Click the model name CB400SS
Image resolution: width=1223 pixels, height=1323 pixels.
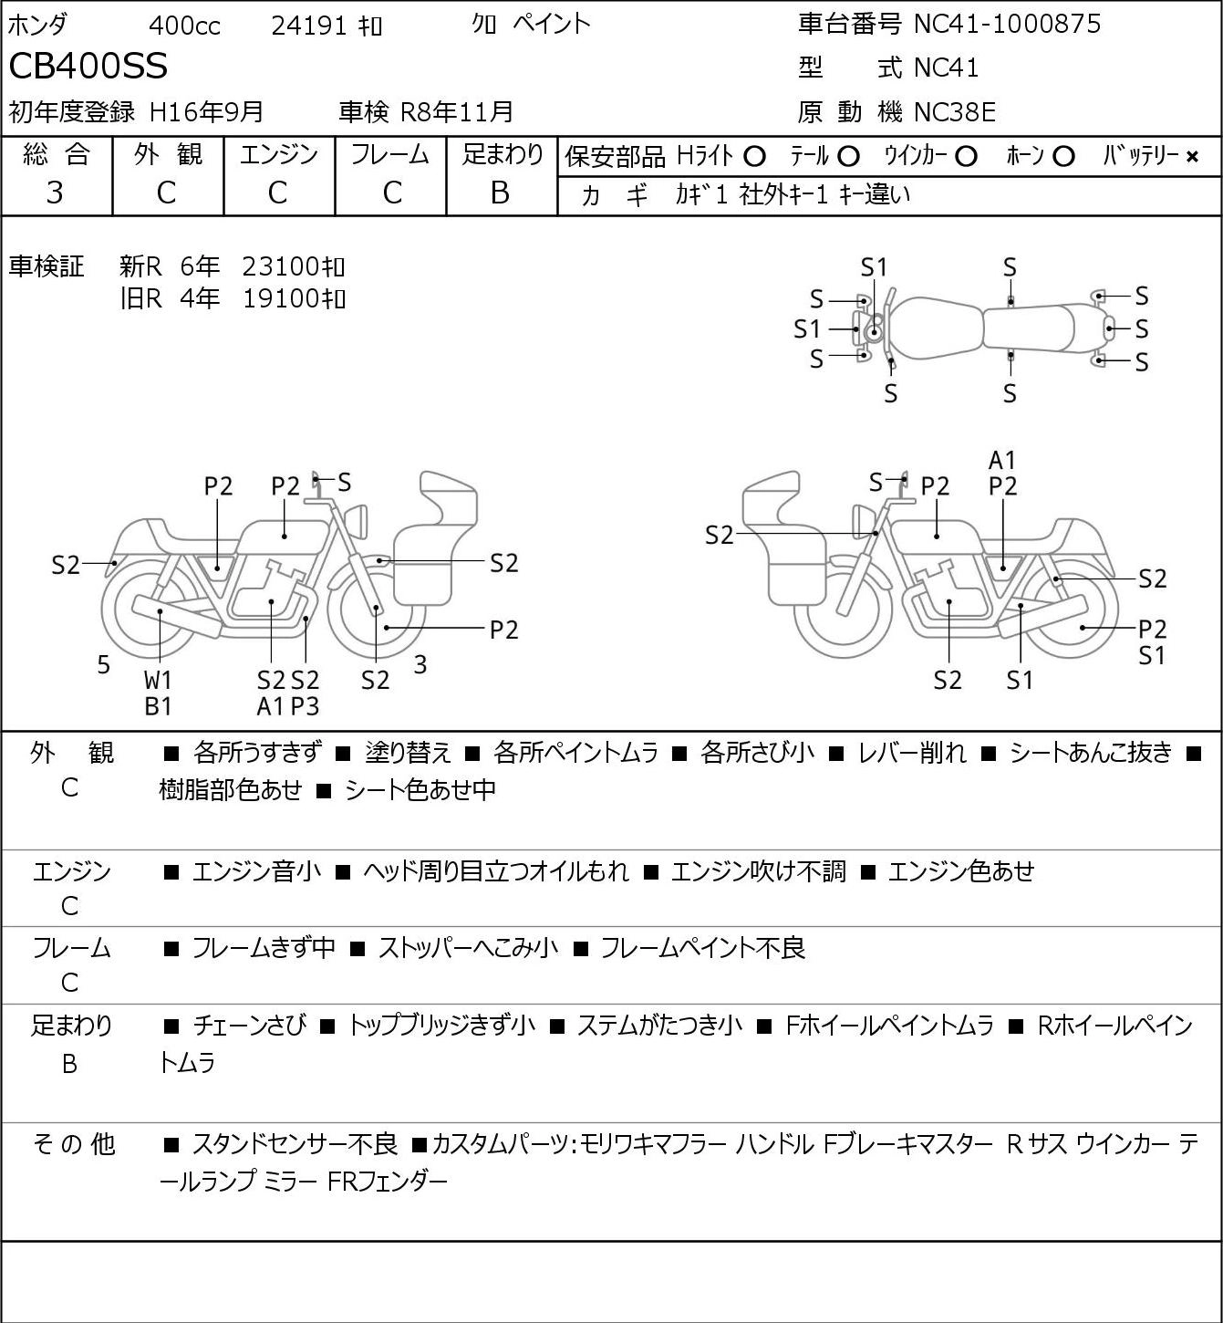point(88,66)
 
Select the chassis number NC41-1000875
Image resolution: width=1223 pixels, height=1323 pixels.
point(1007,24)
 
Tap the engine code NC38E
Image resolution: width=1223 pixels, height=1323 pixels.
point(955,112)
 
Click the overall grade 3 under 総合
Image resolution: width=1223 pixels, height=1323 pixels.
point(55,193)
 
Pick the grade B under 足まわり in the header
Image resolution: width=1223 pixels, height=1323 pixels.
point(500,193)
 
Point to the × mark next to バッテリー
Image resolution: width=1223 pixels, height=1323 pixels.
point(1192,157)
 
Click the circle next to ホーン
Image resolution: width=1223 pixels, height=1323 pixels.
point(1063,157)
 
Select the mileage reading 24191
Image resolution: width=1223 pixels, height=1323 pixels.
point(309,26)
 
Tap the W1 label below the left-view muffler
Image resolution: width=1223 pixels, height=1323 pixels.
point(158,680)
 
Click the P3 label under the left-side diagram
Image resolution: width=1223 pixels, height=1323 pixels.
point(306,706)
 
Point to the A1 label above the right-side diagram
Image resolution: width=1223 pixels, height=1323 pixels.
point(1002,461)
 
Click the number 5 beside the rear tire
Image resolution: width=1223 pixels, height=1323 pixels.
point(103,664)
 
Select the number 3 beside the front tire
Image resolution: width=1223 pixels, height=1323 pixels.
point(420,664)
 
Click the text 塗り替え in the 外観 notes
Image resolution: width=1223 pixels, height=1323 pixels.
point(408,753)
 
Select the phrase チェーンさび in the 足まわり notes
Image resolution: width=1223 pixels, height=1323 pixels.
point(250,1026)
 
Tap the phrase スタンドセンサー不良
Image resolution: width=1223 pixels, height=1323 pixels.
point(295,1144)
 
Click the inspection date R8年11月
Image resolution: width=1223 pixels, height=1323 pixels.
point(456,112)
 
